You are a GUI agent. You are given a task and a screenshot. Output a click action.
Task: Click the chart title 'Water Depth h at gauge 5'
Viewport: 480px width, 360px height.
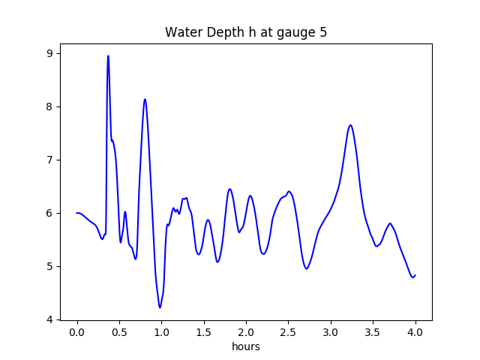[x=246, y=33]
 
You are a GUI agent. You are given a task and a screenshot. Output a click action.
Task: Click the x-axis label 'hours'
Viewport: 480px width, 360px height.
[x=246, y=347]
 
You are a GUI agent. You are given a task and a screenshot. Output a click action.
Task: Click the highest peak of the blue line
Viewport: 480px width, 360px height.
[x=108, y=56]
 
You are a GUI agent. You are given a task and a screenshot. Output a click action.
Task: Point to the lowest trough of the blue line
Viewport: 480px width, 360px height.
[x=160, y=307]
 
